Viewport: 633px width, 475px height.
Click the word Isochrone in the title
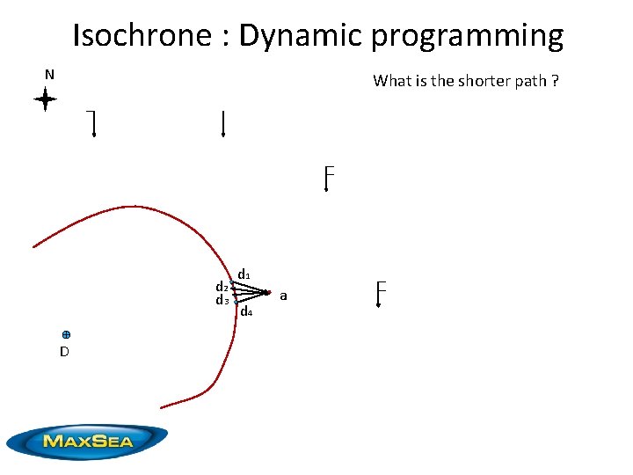tap(141, 36)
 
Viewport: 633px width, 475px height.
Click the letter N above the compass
tap(49, 75)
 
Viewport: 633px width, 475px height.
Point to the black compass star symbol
tap(45, 100)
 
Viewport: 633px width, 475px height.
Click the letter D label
tap(64, 352)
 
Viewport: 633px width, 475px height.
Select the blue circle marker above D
tap(66, 335)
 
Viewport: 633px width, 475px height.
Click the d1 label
tap(244, 274)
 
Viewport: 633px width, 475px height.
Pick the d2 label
tap(222, 287)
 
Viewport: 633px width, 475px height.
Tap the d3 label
tap(222, 301)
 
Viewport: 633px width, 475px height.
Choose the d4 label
tap(246, 312)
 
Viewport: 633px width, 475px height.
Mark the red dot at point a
tap(267, 292)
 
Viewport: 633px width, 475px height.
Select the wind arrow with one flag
tap(91, 125)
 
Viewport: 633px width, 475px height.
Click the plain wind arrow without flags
tap(223, 124)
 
